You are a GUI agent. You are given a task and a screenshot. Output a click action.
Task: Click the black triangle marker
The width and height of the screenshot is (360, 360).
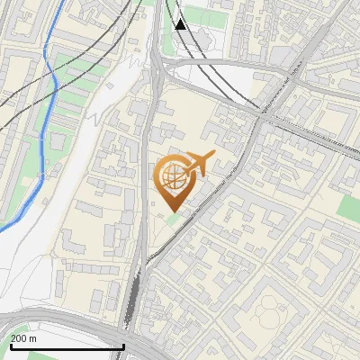point(182,23)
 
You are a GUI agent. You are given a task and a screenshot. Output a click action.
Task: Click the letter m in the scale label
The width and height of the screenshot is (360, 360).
point(33,338)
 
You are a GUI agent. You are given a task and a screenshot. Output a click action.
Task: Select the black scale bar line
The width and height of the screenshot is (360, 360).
point(67,346)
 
